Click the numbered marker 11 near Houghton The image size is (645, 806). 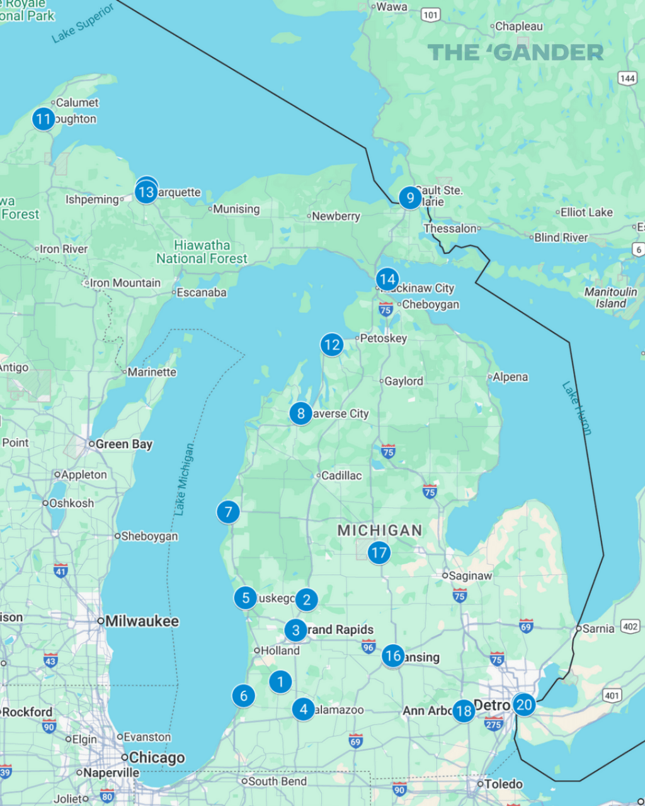tap(43, 118)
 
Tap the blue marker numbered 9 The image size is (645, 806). tap(410, 198)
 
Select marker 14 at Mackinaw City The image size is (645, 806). tap(387, 279)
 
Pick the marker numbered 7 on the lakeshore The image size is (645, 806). tap(228, 512)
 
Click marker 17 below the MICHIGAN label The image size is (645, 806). tap(379, 553)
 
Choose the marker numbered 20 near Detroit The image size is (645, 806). tap(524, 705)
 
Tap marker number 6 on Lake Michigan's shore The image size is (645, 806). tap(244, 696)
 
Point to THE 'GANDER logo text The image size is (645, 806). tap(515, 52)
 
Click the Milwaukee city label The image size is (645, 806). tap(142, 622)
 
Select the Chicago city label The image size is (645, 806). tap(157, 758)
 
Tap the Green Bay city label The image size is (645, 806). tap(123, 444)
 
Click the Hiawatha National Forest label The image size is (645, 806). tap(202, 252)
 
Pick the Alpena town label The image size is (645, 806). tap(510, 377)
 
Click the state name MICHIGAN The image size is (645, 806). tap(380, 530)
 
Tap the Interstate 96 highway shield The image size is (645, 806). tap(368, 647)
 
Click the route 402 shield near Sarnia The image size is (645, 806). tap(630, 626)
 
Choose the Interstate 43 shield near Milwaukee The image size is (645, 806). tap(50, 660)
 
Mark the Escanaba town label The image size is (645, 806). tap(201, 292)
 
